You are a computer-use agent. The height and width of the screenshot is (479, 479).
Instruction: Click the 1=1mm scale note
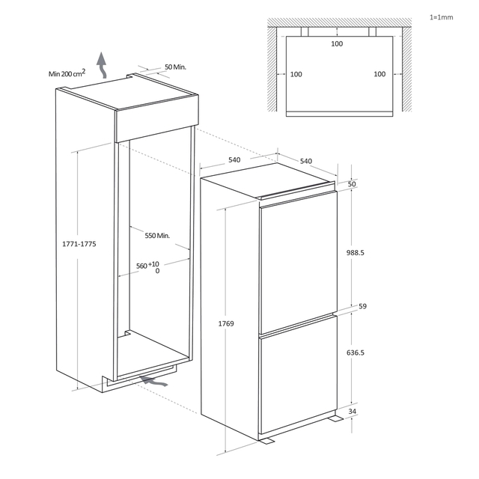click(441, 17)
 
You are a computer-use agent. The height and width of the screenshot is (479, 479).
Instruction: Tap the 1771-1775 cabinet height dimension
click(79, 244)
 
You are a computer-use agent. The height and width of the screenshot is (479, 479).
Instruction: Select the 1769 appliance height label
click(226, 323)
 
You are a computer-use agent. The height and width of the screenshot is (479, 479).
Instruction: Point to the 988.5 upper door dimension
click(356, 253)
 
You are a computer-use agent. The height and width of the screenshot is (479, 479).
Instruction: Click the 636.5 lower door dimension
click(356, 353)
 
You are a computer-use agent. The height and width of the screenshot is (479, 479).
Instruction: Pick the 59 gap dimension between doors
click(362, 306)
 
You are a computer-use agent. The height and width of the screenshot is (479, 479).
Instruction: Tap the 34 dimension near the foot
click(353, 411)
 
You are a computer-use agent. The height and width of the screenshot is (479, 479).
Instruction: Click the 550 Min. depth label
click(157, 236)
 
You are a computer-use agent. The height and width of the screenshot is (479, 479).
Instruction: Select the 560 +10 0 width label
click(148, 267)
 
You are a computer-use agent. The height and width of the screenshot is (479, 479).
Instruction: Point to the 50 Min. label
click(175, 67)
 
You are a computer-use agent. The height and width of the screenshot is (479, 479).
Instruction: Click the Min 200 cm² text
click(67, 73)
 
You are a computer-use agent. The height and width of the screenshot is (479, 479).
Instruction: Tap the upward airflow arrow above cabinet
click(102, 65)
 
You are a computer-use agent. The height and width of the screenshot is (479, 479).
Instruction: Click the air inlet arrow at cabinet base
click(153, 381)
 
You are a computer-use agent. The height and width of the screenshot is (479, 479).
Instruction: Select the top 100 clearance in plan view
click(337, 43)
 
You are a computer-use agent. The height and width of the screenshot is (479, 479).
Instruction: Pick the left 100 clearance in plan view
click(296, 74)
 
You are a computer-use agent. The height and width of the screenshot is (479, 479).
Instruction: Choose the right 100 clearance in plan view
click(379, 74)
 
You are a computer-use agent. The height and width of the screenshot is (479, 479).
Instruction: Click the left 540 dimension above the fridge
click(234, 159)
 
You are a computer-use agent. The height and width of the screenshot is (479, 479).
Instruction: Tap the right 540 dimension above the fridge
click(306, 161)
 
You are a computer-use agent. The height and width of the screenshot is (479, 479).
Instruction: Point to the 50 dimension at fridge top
click(352, 184)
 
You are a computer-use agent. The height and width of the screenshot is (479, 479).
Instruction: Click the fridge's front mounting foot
click(266, 441)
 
